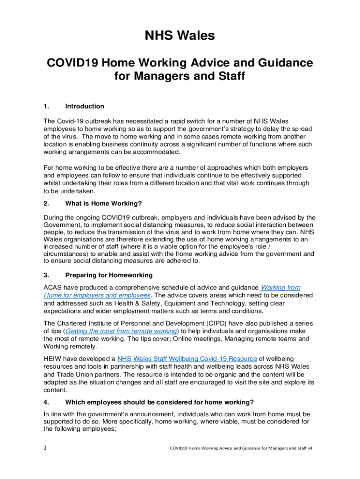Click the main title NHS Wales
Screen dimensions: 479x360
point(180,36)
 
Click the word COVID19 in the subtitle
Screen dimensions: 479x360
point(71,63)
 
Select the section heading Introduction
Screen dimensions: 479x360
point(85,106)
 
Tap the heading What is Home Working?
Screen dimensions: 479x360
point(103,203)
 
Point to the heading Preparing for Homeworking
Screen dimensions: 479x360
point(109,275)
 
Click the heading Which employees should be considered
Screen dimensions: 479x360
point(159,402)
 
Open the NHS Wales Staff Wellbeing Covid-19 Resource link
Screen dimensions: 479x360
point(187,359)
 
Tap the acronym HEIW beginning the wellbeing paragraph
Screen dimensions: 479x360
point(53,359)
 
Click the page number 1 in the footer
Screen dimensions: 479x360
point(45,448)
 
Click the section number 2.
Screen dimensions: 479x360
point(46,203)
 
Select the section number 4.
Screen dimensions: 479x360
point(46,402)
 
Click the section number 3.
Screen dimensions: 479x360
point(46,275)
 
